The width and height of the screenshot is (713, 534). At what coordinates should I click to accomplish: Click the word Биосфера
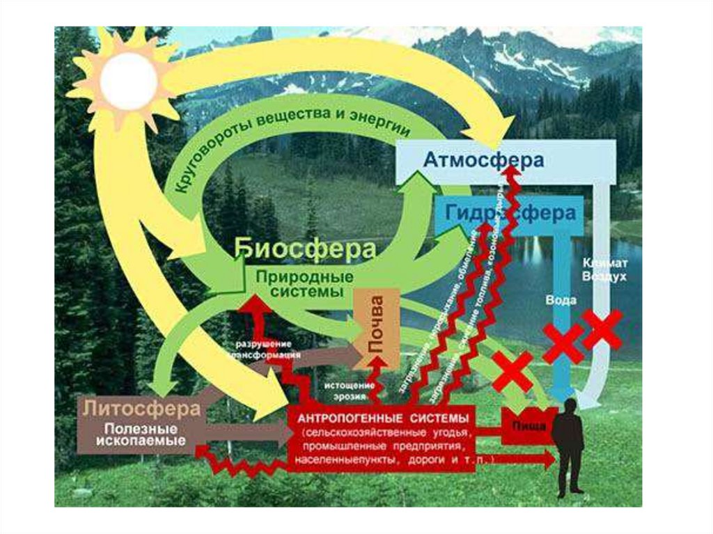tap(306, 249)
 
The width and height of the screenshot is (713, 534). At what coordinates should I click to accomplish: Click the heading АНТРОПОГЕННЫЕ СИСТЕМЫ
tap(383, 418)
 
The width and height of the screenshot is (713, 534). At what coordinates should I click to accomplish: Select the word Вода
tap(561, 300)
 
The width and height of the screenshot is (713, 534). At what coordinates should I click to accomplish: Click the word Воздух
tap(605, 276)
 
